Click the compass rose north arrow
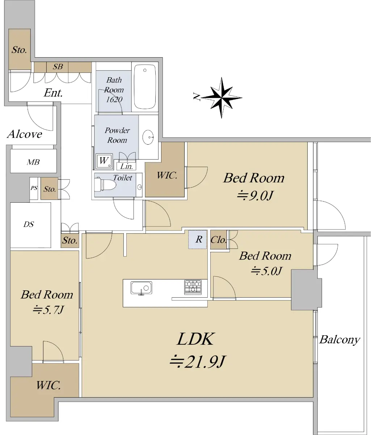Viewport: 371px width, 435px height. (222, 98)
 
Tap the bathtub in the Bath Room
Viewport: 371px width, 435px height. (145, 87)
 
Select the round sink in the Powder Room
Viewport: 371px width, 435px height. (148, 137)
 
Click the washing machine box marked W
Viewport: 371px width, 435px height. (104, 161)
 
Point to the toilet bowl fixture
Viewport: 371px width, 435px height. (105, 185)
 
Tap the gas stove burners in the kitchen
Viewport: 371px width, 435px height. (193, 287)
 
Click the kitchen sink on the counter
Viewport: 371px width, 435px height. (141, 288)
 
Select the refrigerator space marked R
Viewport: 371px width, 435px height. (198, 239)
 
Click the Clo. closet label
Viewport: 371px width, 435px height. (219, 240)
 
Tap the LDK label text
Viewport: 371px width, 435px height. (195, 339)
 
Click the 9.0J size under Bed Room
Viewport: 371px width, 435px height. (255, 195)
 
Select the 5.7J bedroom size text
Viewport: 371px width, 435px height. (48, 310)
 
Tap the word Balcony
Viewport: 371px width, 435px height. (340, 340)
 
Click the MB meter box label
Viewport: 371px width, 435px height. (33, 162)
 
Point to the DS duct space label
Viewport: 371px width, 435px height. (29, 224)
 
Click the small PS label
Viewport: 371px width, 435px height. (34, 188)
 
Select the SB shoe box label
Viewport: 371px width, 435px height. (58, 67)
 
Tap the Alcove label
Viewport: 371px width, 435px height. (25, 134)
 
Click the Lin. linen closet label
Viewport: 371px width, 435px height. (126, 166)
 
